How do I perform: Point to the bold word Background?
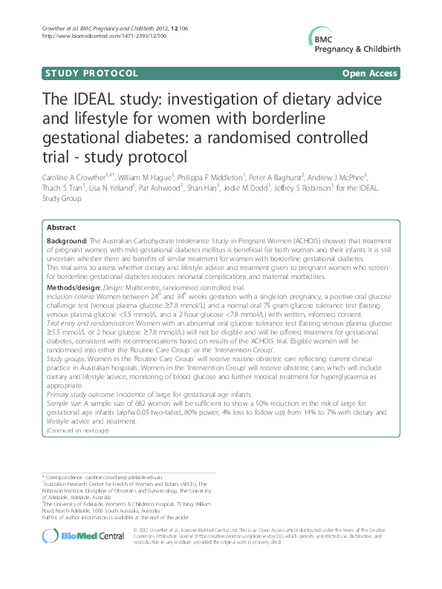click(x=67, y=242)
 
